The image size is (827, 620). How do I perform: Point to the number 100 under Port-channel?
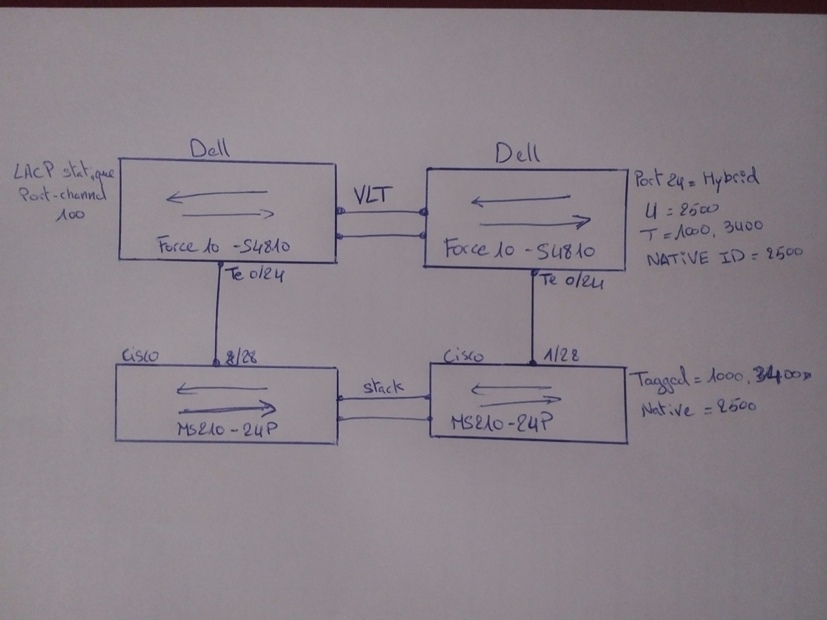70,215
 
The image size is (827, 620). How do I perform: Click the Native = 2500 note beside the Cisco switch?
698,408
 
